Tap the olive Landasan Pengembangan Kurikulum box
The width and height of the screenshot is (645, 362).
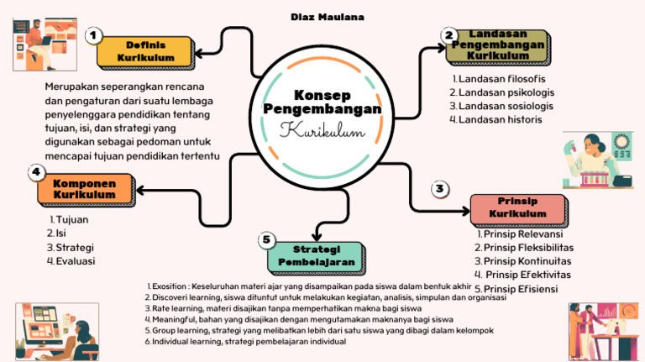coord(498,45)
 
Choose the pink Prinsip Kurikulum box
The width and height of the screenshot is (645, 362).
coord(517,208)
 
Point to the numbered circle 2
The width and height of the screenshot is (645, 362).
coord(449,34)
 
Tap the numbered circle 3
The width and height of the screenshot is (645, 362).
coord(439,189)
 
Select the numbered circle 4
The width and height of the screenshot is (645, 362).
coord(36,172)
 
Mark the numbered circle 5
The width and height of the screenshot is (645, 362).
coord(267,239)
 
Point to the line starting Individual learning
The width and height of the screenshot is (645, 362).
coord(245,341)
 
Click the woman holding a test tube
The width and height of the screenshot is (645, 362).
coord(592,160)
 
